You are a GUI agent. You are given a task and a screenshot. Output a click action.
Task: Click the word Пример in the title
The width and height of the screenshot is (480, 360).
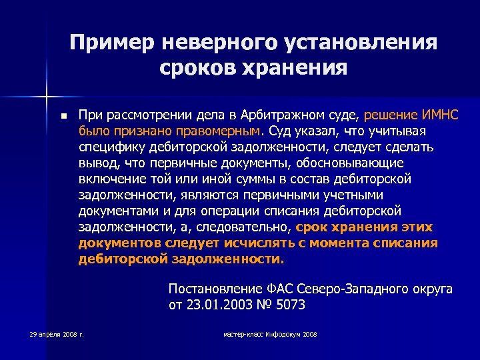[x=111, y=43]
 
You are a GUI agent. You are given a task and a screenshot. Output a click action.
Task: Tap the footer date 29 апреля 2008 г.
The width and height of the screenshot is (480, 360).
[x=57, y=333]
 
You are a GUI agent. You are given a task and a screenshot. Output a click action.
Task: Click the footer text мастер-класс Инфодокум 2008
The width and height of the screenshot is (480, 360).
[x=270, y=333]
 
